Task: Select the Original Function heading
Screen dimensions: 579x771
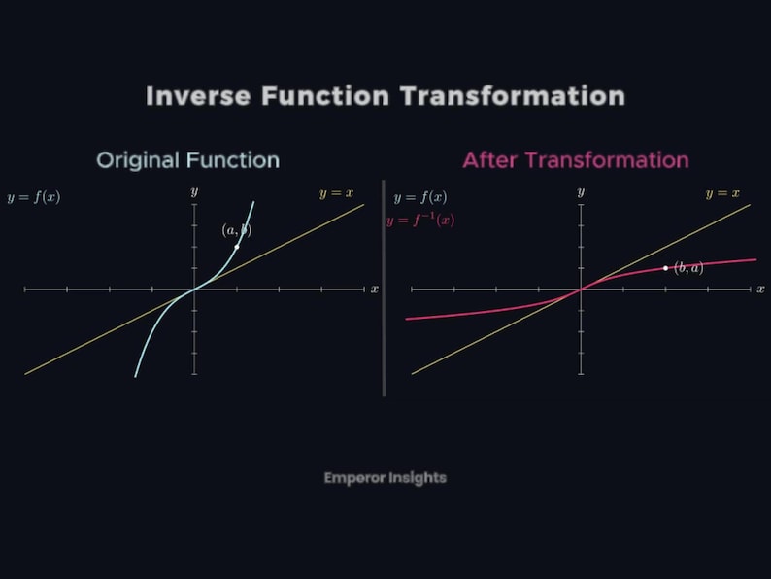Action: pyautogui.click(x=187, y=160)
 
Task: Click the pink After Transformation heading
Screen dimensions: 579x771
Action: pyautogui.click(x=575, y=160)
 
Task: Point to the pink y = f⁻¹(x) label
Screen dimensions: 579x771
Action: pyautogui.click(x=420, y=221)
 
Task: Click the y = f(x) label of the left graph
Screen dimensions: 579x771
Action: pyautogui.click(x=33, y=197)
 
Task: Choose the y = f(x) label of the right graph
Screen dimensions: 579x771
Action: pyautogui.click(x=420, y=197)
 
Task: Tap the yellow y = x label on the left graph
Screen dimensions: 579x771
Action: pyautogui.click(x=336, y=193)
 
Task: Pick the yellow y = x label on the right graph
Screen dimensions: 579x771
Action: pyautogui.click(x=722, y=193)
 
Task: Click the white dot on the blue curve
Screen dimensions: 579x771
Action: pyautogui.click(x=237, y=246)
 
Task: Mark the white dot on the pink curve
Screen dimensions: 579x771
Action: pyautogui.click(x=665, y=267)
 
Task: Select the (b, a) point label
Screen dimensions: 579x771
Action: pyautogui.click(x=687, y=267)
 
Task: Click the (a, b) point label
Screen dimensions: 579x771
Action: pyautogui.click(x=236, y=230)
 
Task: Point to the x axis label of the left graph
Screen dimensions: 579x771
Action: pyautogui.click(x=375, y=289)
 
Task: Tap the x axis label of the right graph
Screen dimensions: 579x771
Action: pyautogui.click(x=760, y=289)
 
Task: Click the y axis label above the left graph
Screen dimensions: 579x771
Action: pyautogui.click(x=194, y=192)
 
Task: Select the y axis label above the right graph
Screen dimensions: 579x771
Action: pyautogui.click(x=581, y=192)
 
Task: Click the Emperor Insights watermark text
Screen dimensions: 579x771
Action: pyautogui.click(x=385, y=478)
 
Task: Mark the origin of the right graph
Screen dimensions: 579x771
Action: pyautogui.click(x=581, y=289)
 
